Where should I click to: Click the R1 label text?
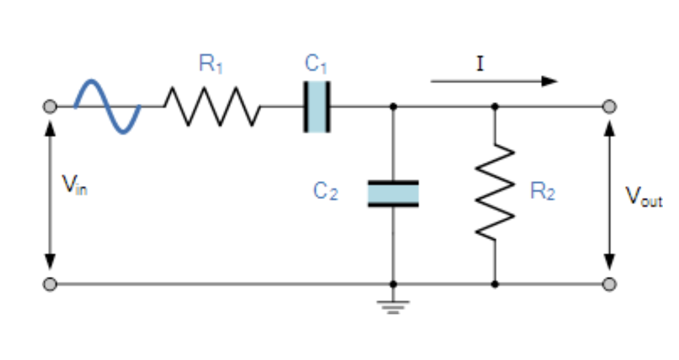click(211, 65)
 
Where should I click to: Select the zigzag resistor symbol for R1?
click(212, 107)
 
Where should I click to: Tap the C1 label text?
click(316, 65)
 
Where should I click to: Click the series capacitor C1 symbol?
click(317, 107)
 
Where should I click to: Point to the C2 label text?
click(325, 191)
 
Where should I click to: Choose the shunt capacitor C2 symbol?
click(393, 194)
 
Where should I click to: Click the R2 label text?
click(542, 192)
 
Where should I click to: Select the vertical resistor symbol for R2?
click(495, 193)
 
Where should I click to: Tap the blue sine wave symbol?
click(108, 107)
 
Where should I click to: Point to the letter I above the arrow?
click(479, 65)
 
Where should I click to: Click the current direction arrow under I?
click(494, 82)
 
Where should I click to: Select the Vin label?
click(74, 186)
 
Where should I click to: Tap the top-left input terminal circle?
click(50, 107)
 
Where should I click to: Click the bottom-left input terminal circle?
click(50, 284)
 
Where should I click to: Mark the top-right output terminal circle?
click(610, 107)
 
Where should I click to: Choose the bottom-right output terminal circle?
click(610, 284)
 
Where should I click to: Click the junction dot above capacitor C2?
click(393, 107)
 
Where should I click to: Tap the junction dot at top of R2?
click(495, 107)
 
